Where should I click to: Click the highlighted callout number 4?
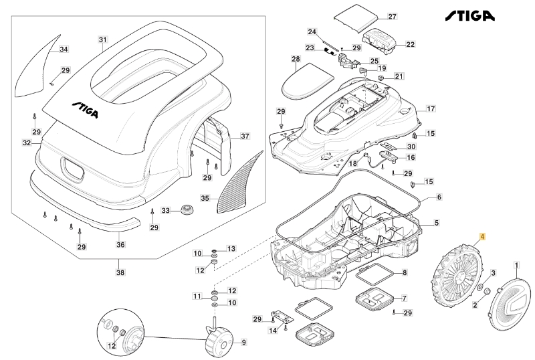[x=482, y=237]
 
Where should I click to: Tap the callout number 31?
[x=102, y=39]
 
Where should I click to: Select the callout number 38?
[x=120, y=272]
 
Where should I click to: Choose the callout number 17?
[x=431, y=108]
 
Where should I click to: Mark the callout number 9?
[x=243, y=342]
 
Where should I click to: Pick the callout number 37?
[x=245, y=136]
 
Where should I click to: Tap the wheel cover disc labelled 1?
[x=510, y=304]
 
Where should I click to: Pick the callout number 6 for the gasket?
[x=439, y=197]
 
